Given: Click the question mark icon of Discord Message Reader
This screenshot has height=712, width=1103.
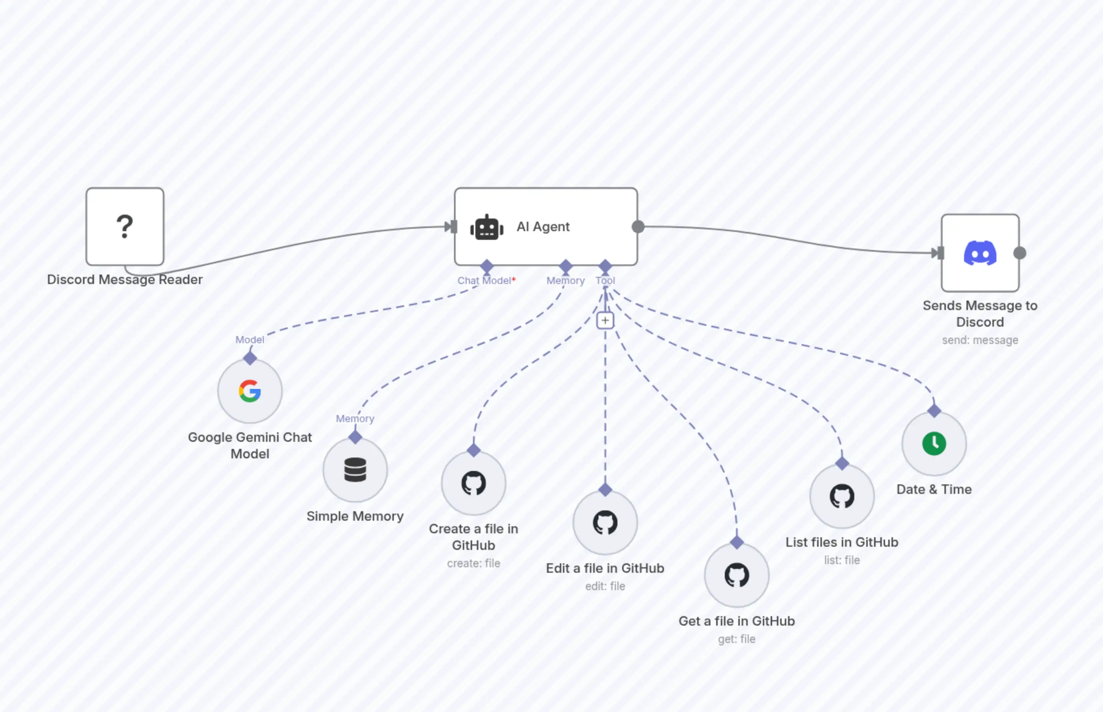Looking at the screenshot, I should click(x=124, y=226).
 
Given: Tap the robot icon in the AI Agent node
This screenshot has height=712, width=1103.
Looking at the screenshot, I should click(x=487, y=228).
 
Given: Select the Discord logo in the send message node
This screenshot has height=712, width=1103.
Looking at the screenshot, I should click(x=980, y=253).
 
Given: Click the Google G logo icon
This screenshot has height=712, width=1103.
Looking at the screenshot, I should click(x=250, y=391).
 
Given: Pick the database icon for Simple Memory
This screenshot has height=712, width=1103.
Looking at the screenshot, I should click(x=355, y=470).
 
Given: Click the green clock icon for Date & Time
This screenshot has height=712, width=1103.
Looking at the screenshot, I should click(x=934, y=443).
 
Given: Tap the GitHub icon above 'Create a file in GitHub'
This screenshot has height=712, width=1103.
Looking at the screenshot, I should click(x=473, y=483).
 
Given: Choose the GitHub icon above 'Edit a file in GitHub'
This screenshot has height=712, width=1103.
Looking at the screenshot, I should click(x=605, y=522).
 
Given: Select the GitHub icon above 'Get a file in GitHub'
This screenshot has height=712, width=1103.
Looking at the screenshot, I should click(x=737, y=575).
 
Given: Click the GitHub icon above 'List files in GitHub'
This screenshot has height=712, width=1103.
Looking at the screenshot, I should click(x=842, y=496).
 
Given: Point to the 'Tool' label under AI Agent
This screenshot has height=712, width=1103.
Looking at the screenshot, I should click(x=605, y=280).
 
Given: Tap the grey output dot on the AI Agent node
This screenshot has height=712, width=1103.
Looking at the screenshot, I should click(x=638, y=226).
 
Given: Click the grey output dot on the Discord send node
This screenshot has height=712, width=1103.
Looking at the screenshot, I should click(x=1020, y=253).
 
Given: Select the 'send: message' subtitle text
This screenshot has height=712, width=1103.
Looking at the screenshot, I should click(x=980, y=340).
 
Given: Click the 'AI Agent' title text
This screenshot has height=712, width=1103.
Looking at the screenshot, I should click(x=543, y=226).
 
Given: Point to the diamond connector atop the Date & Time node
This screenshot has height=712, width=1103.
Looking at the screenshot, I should click(x=934, y=411).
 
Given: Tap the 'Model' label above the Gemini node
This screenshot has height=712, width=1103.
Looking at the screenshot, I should click(x=249, y=340).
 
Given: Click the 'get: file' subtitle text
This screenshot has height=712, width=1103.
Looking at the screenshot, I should click(x=737, y=639).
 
